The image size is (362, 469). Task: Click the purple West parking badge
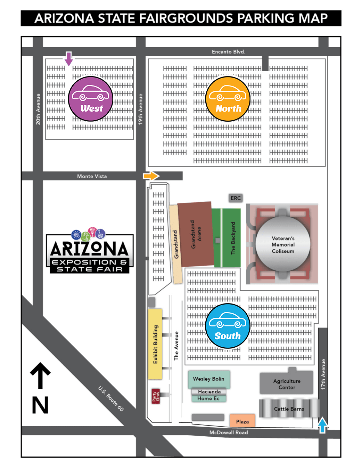[x=91, y=99]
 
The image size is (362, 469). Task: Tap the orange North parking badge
[x=228, y=99]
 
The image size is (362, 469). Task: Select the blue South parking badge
[x=228, y=326]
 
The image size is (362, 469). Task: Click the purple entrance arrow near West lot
[x=69, y=58]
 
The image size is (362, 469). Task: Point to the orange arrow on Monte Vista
[x=151, y=176]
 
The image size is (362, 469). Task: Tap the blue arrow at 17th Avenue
[x=323, y=425]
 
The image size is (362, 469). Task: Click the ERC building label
[x=236, y=198]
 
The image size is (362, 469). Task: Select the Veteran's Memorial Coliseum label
[x=283, y=245]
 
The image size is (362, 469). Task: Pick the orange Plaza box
[x=242, y=421]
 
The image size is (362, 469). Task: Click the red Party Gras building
[x=156, y=396]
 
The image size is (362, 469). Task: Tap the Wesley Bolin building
[x=209, y=379]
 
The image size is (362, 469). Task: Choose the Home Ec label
[x=208, y=398]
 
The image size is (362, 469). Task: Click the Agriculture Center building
[x=287, y=384]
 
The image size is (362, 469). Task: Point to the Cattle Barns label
[x=289, y=409]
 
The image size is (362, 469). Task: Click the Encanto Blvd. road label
[x=229, y=52]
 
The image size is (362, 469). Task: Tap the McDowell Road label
[x=229, y=432]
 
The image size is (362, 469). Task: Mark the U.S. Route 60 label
[x=111, y=398]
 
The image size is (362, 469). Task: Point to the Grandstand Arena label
[x=196, y=234]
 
